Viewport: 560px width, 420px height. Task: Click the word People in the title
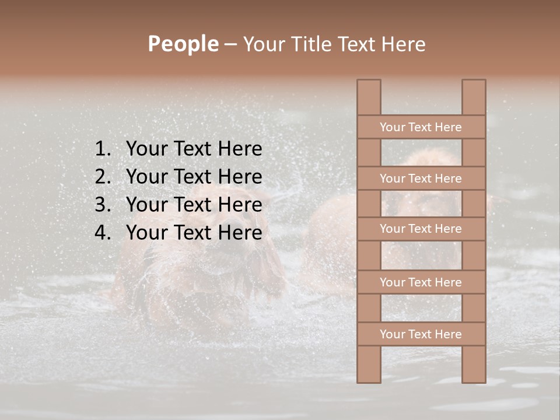pyautogui.click(x=183, y=44)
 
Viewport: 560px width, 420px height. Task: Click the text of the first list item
pyautogui.click(x=194, y=149)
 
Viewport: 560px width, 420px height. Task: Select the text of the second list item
pyautogui.click(x=194, y=177)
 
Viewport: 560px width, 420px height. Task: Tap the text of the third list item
pyautogui.click(x=194, y=205)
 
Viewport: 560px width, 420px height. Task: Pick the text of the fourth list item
pyautogui.click(x=194, y=233)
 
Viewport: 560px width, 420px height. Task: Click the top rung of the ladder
pyautogui.click(x=421, y=127)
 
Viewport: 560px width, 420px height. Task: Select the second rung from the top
pyautogui.click(x=421, y=178)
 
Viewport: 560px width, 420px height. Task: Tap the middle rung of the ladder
pyautogui.click(x=421, y=229)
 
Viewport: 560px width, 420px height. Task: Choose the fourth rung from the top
pyautogui.click(x=421, y=282)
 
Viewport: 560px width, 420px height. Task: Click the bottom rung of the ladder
pyautogui.click(x=421, y=334)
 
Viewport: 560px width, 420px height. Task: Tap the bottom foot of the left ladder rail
pyautogui.click(x=369, y=376)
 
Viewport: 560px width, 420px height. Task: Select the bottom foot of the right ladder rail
pyautogui.click(x=474, y=376)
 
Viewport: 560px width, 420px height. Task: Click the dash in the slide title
pyautogui.click(x=230, y=44)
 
